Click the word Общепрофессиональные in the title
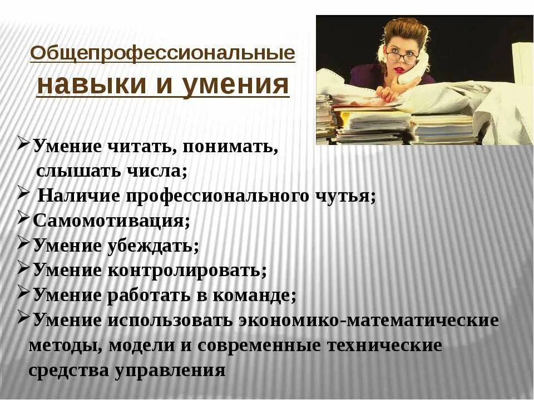click(x=162, y=54)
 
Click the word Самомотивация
click(x=111, y=221)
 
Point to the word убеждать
click(x=154, y=246)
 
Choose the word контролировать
click(x=187, y=271)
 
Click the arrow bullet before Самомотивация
click(x=23, y=218)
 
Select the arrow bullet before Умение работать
click(x=23, y=292)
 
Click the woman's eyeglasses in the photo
click(x=402, y=57)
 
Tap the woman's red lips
click(x=399, y=71)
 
